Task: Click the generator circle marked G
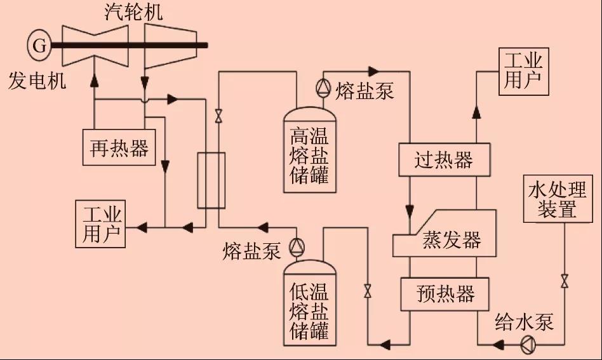[39, 45]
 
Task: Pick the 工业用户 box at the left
[100, 224]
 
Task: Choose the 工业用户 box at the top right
[523, 71]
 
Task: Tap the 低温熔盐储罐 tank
[309, 303]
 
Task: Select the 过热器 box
[444, 159]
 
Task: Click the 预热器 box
[445, 293]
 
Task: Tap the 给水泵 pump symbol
[528, 345]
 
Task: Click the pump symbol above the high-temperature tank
[322, 87]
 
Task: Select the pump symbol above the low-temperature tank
[297, 246]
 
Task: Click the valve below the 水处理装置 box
[564, 281]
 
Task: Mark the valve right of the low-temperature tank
[367, 291]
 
